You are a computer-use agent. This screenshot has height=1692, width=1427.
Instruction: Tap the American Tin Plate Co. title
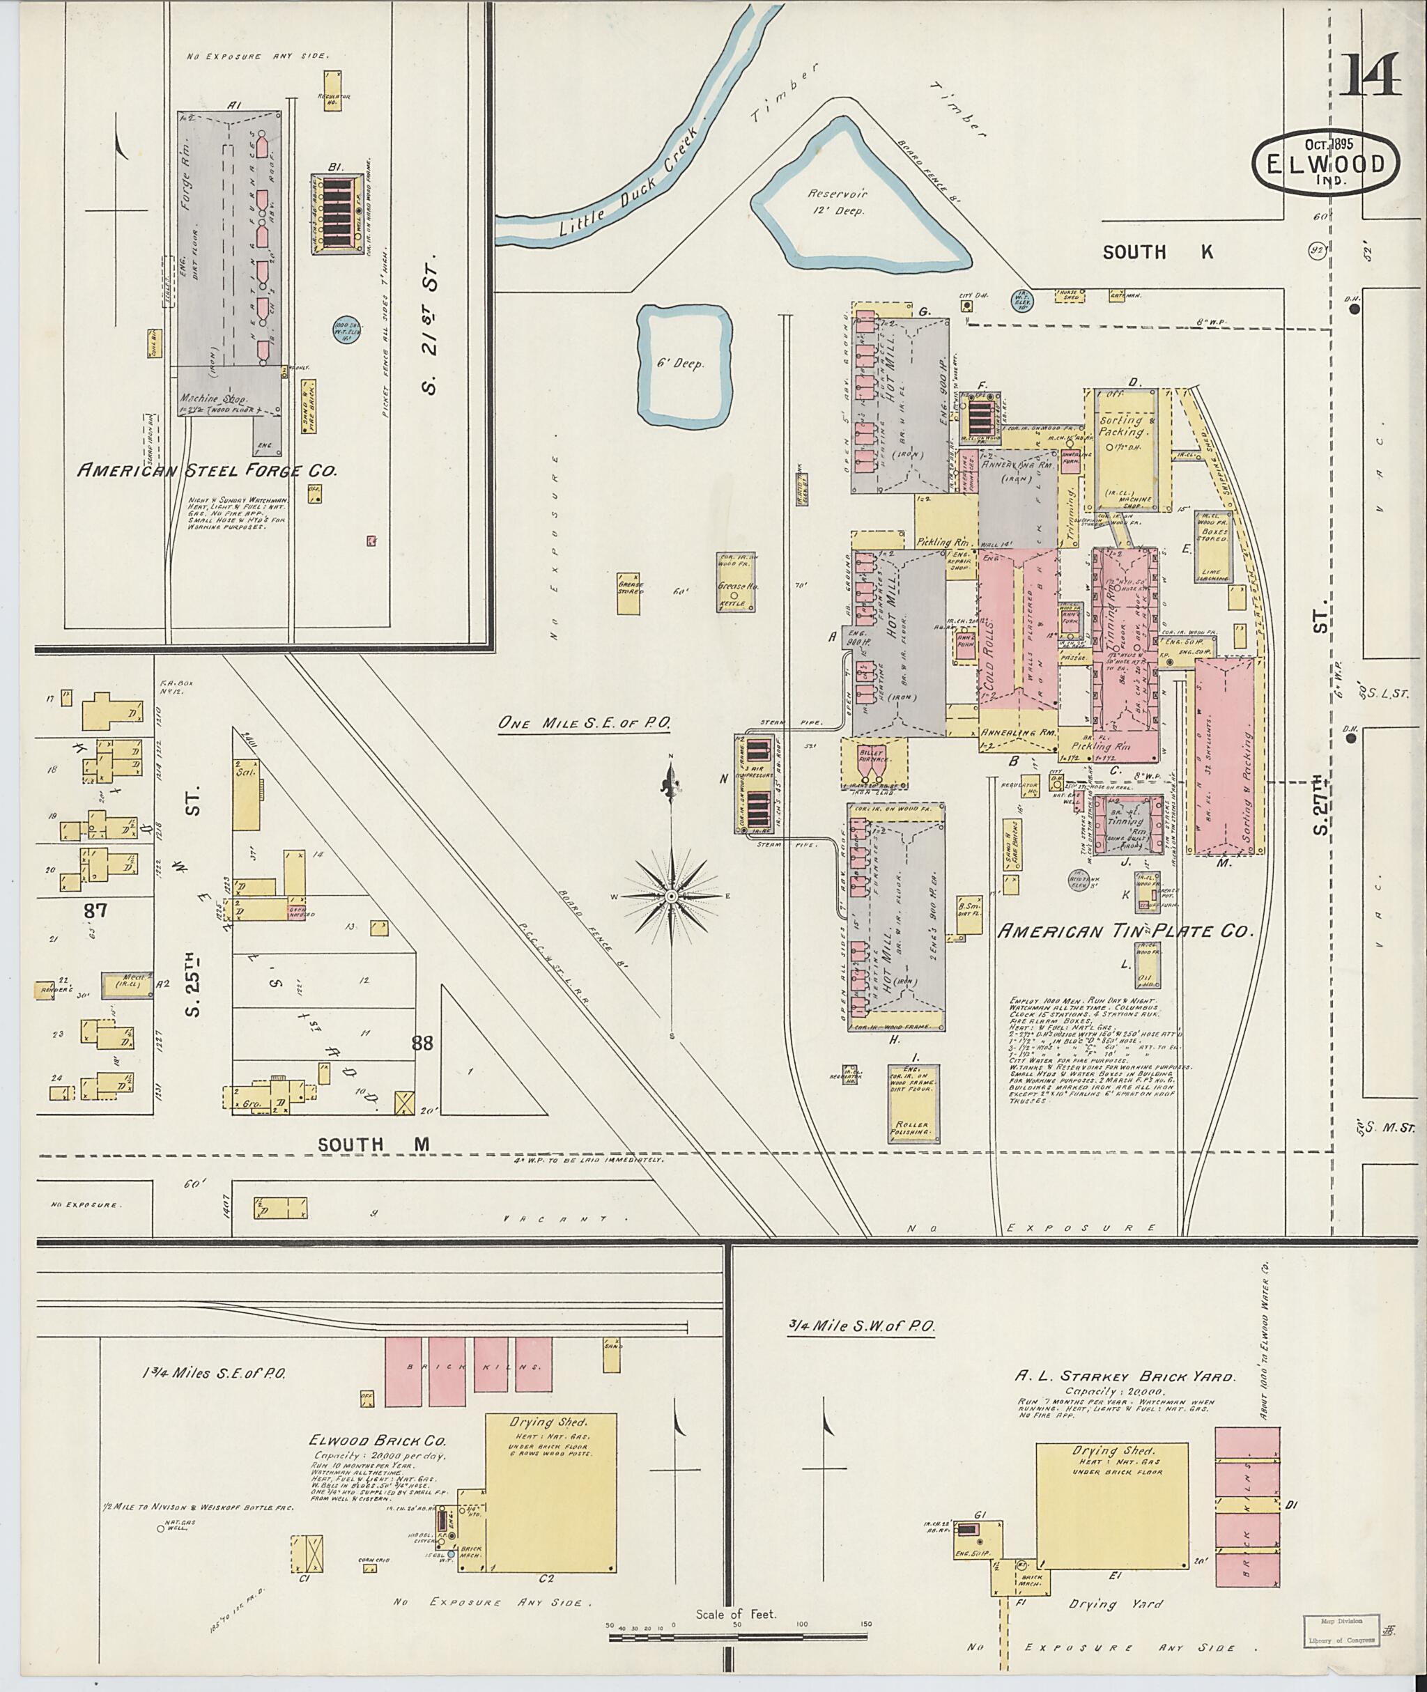click(1125, 931)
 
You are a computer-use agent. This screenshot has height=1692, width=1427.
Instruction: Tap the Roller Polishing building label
click(913, 1129)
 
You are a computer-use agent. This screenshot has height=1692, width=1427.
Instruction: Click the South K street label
click(1157, 252)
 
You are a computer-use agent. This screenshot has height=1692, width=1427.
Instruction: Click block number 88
click(422, 1043)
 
